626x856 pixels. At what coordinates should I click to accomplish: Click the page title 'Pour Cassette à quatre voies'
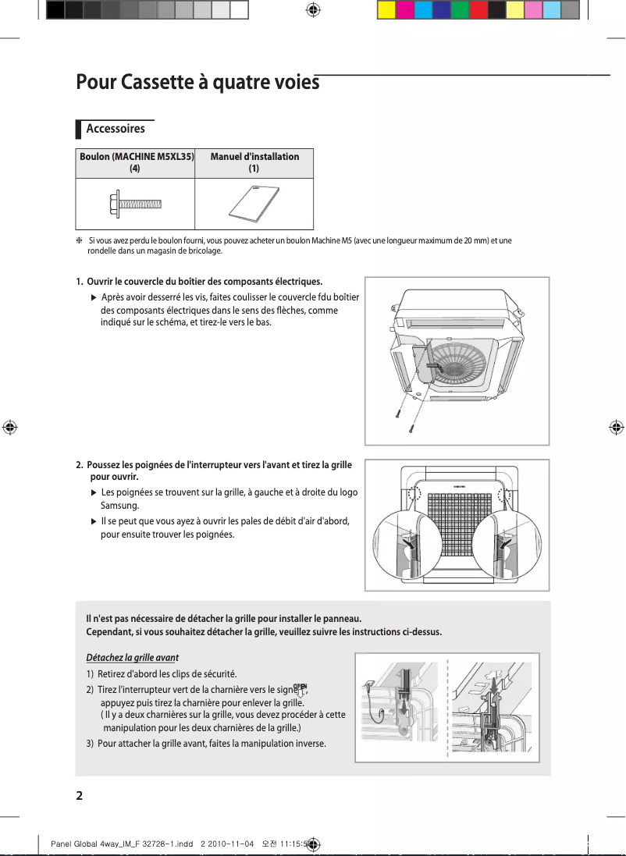click(197, 82)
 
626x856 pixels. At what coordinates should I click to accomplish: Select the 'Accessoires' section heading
click(115, 129)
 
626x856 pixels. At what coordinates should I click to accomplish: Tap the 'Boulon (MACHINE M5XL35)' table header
click(136, 157)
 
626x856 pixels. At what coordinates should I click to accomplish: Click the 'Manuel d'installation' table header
click(254, 157)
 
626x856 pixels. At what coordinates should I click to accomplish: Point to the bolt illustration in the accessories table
click(136, 204)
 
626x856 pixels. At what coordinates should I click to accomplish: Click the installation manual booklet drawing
click(253, 204)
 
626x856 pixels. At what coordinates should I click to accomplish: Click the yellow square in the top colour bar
click(386, 10)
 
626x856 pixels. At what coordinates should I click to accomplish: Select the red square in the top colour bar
click(478, 10)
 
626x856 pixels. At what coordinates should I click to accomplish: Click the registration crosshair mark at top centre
click(313, 10)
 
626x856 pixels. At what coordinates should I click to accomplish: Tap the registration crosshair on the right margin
click(616, 428)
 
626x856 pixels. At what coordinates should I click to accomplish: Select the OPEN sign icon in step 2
click(300, 691)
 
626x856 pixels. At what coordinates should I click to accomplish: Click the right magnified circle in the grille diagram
click(504, 546)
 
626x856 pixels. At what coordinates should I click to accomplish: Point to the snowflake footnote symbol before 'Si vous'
click(80, 241)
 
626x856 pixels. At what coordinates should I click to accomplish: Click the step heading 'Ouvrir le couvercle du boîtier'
click(205, 281)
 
